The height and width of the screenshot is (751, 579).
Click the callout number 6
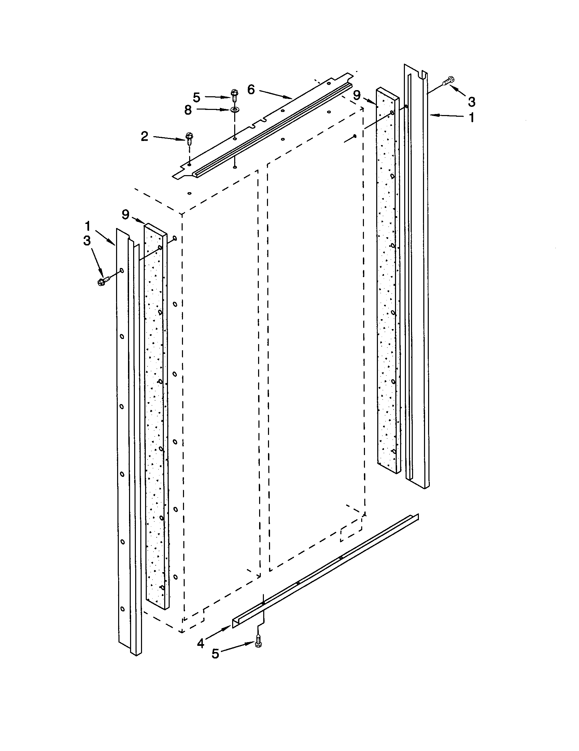[x=251, y=90]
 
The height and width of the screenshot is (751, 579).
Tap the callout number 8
[x=188, y=110]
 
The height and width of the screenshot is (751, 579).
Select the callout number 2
[x=145, y=137]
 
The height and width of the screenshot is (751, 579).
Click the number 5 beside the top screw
[x=196, y=97]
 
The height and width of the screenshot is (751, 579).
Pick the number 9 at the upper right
[x=357, y=95]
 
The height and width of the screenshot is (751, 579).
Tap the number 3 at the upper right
[x=472, y=101]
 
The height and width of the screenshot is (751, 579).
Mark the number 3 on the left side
[x=87, y=241]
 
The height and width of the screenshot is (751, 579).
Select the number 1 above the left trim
[x=88, y=226]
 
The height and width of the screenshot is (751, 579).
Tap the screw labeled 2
[x=188, y=137]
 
